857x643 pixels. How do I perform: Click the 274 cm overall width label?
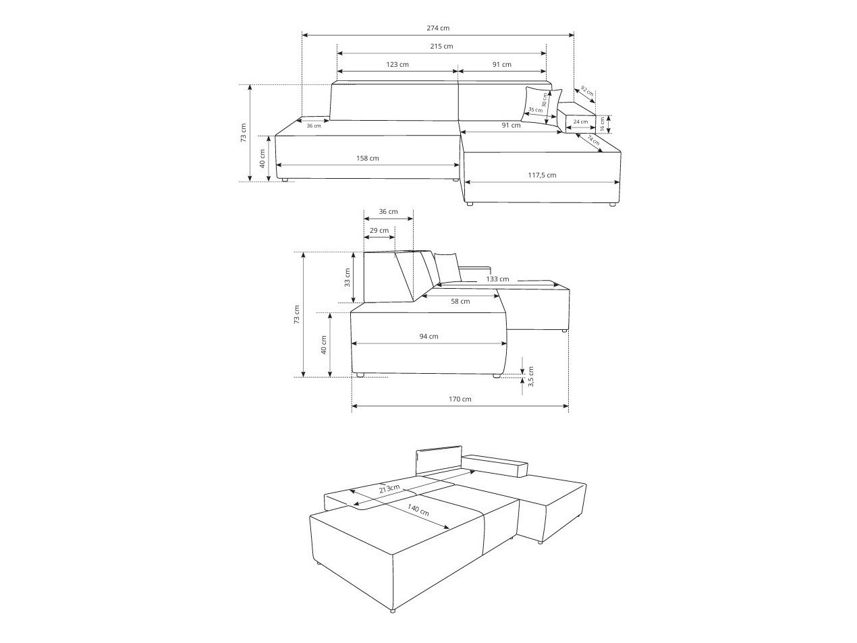point(438,28)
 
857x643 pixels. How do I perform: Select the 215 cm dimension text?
point(441,47)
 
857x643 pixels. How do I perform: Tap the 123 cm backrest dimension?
point(397,65)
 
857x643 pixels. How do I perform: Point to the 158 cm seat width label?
point(368,159)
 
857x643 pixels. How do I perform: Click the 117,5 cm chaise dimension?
point(542,175)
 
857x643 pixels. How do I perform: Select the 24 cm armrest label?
point(580,122)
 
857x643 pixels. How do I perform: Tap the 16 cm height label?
point(603,123)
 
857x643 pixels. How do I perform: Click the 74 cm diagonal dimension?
point(593,140)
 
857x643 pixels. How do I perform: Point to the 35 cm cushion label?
point(535,110)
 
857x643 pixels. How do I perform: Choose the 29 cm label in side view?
point(379,231)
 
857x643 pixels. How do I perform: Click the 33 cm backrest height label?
point(348,277)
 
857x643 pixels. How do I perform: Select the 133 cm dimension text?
point(497,279)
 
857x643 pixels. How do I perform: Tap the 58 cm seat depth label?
point(460,302)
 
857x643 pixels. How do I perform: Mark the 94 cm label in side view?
point(428,337)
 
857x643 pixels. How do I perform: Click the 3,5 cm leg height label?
point(531,376)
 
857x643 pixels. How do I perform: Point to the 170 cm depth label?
point(460,399)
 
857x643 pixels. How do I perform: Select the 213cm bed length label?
point(389,488)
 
